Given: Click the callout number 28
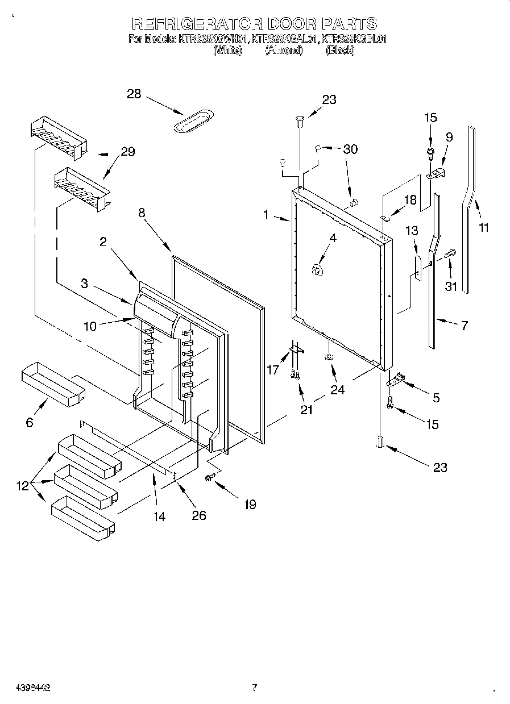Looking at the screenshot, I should (x=134, y=94).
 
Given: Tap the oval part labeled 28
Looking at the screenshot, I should (x=193, y=122).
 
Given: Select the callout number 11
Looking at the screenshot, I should (x=484, y=227).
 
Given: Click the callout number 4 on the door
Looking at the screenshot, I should (x=333, y=239).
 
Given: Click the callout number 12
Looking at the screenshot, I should (x=22, y=486).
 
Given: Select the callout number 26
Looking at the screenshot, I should (x=198, y=515).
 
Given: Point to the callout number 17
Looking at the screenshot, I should (x=273, y=370).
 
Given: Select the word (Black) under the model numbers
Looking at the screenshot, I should (x=340, y=51).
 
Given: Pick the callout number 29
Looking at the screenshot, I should (x=127, y=152).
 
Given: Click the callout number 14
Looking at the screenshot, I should (x=159, y=516).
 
